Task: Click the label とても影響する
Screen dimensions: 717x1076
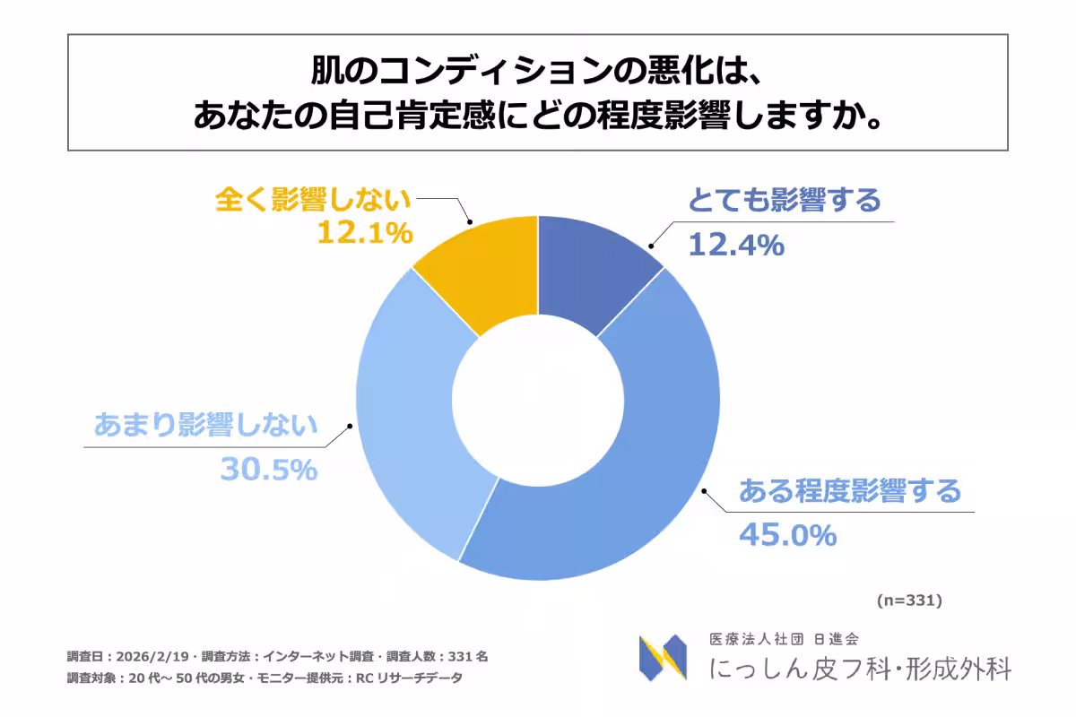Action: tap(785, 201)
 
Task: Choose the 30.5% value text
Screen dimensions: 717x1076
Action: tap(269, 469)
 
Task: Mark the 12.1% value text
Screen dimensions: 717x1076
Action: tap(364, 233)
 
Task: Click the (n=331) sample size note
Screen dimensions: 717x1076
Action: tap(909, 600)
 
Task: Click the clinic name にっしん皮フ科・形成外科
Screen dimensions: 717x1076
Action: tap(860, 669)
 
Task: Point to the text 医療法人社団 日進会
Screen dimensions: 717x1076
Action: tap(784, 639)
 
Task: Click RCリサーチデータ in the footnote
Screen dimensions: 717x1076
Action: tap(409, 678)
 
